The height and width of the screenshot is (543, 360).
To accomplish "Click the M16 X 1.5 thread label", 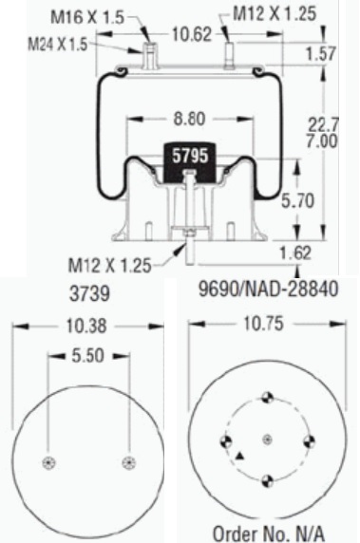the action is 87,17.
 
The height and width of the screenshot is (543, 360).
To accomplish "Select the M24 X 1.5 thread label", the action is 58,44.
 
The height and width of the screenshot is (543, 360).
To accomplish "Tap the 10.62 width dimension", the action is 192,34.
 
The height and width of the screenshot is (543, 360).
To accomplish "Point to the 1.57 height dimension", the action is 321,54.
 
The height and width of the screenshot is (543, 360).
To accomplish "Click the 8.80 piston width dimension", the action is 189,119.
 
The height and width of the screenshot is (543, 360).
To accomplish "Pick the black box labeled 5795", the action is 190,162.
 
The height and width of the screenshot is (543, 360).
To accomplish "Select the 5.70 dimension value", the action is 297,201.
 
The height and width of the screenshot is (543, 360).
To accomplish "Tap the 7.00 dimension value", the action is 322,141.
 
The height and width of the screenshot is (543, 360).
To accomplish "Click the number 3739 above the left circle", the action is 89,293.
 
